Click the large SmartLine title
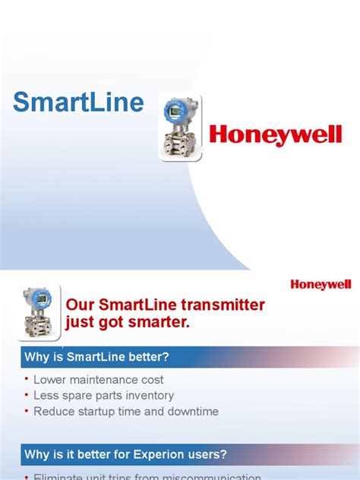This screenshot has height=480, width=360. click(79, 103)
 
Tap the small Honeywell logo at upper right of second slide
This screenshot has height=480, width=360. click(321, 284)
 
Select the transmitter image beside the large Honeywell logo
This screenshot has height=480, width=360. click(180, 126)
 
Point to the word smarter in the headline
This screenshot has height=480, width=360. click(158, 324)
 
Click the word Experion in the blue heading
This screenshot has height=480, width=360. click(178, 455)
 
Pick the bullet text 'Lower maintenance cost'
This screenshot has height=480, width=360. click(99, 380)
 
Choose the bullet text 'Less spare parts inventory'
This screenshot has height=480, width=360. click(104, 396)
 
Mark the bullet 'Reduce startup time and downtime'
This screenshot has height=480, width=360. click(126, 412)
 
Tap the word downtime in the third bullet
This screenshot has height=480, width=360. click(194, 412)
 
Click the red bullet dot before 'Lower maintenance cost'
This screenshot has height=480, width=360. click(27, 379)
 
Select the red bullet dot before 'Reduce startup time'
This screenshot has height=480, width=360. click(27, 411)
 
